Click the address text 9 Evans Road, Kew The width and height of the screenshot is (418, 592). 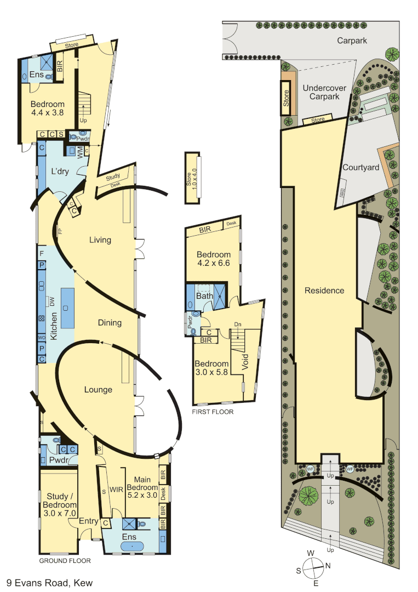pos(48,582)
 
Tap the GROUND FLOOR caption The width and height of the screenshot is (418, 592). pos(65,561)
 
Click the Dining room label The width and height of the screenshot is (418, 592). pos(110,322)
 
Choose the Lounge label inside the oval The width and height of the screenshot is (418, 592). pos(98,390)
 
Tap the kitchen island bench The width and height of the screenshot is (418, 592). pos(67,308)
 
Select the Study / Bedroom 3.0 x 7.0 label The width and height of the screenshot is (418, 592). pos(57,505)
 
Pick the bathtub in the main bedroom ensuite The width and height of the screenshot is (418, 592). pos(130,546)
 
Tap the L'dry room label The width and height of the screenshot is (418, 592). pos(60,171)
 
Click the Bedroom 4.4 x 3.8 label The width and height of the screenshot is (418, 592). pos(47,108)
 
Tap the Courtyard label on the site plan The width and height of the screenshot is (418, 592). pos(360,167)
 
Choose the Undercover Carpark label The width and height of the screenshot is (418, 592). pos(320,92)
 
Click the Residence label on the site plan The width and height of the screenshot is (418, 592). pos(324,291)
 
